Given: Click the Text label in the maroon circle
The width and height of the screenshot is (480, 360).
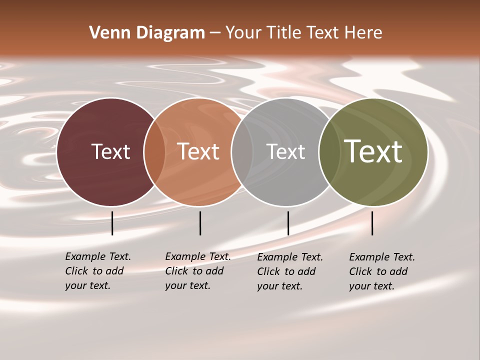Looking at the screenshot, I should pos(110,151).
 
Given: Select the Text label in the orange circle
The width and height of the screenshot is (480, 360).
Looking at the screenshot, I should pos(198,151).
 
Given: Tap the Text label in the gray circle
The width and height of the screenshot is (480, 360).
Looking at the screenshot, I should pos(285,151).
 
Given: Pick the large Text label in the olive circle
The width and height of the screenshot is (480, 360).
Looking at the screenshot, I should pos(373,151).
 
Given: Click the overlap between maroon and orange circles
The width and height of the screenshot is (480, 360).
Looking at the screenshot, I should pos(154,152).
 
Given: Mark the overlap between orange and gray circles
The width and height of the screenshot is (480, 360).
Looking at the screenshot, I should pos(242,152).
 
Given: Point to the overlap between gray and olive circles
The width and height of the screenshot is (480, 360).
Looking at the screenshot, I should pos(329,152).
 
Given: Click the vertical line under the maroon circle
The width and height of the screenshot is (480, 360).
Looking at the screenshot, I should pos(112,223).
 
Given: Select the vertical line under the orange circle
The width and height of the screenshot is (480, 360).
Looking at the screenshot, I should pos(200,223).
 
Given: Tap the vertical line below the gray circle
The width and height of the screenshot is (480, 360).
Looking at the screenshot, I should pos(288,223).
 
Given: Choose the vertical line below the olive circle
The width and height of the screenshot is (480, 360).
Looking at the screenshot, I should pos(372,223).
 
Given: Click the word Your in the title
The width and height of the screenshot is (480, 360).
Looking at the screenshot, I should pos(244,33).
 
